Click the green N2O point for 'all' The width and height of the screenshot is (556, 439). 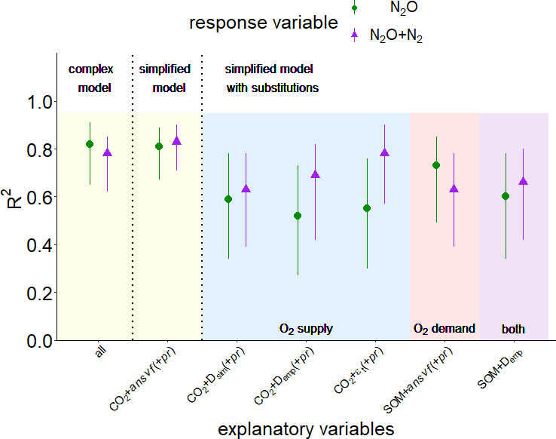[90, 144]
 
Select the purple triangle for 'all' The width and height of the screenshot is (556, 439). [107, 152]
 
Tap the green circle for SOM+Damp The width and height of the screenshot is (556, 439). [506, 196]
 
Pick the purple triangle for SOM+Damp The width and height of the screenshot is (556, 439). [523, 181]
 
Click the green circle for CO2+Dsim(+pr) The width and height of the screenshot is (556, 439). [228, 199]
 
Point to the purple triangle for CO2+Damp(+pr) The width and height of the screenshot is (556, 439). [315, 174]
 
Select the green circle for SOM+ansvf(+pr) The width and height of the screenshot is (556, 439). [436, 165]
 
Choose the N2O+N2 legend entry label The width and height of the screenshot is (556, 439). [396, 35]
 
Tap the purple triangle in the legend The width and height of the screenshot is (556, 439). [355, 34]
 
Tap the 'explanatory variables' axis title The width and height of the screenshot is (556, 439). [306, 428]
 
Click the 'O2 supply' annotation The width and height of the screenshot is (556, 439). [306, 329]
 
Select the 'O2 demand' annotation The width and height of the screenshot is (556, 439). [444, 329]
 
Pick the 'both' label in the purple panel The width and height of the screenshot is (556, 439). [513, 329]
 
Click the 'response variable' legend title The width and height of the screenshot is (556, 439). [263, 23]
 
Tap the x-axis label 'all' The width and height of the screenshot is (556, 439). [100, 356]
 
